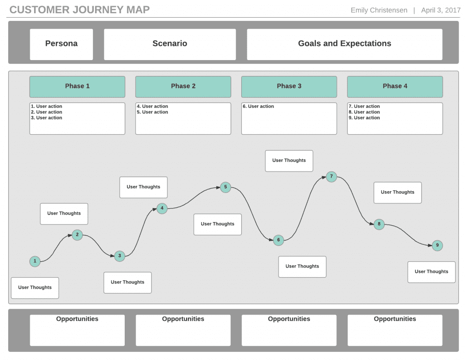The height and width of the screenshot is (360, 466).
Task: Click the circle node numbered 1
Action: click(x=35, y=261)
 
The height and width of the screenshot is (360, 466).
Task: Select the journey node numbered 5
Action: click(x=225, y=187)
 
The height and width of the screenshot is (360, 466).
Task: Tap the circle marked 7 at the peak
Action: click(x=331, y=177)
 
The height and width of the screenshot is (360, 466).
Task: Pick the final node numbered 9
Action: click(x=437, y=245)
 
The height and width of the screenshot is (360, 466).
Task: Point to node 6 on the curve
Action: click(x=279, y=240)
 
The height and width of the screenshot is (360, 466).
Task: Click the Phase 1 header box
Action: click(x=77, y=86)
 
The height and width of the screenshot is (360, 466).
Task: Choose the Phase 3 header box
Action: click(x=289, y=86)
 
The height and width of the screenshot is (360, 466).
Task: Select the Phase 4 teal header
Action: click(x=395, y=86)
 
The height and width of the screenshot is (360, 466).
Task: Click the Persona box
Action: click(x=61, y=44)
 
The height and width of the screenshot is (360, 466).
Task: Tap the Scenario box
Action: click(x=170, y=44)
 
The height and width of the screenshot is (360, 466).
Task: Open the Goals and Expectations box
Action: click(x=344, y=44)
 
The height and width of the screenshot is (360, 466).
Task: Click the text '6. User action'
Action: click(x=258, y=106)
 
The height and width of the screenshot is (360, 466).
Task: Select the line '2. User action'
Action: click(x=46, y=112)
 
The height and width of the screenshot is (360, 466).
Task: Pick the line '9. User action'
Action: click(x=364, y=118)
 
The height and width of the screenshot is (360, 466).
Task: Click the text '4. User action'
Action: click(x=152, y=106)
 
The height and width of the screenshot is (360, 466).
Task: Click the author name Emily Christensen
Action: click(x=379, y=10)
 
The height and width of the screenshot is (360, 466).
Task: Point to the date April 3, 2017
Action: click(x=441, y=10)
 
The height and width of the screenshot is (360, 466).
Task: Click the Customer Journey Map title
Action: click(x=80, y=10)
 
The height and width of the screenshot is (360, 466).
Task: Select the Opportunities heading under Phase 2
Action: click(x=183, y=319)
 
